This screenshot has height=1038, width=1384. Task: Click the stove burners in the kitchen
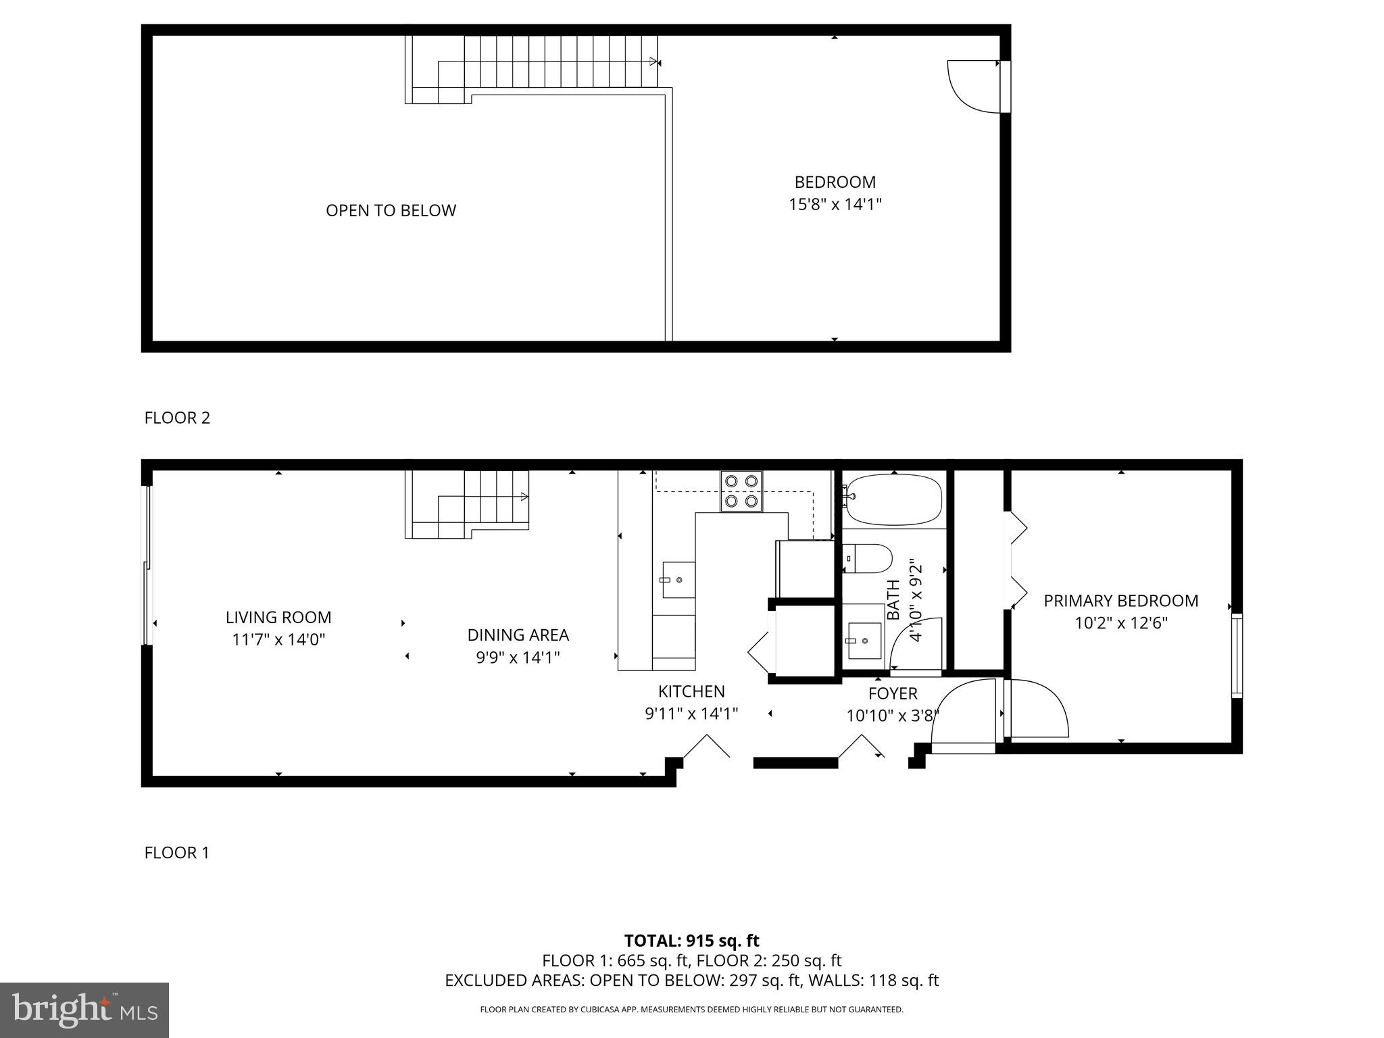741,491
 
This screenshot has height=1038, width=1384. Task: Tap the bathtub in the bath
894,499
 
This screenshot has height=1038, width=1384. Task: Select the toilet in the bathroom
870,559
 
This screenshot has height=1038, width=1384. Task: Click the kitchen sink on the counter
678,580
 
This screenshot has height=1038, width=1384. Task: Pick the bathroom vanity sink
863,641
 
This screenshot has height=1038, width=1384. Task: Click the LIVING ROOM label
278,617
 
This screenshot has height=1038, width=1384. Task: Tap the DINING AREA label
518,635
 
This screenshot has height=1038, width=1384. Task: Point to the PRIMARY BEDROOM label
1120,601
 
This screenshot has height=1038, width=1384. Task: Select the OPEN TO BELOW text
391,211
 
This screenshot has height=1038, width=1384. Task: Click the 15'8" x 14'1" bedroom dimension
835,204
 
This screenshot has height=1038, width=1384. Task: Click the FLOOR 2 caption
177,418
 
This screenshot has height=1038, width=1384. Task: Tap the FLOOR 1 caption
176,853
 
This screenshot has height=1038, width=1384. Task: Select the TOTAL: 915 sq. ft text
691,941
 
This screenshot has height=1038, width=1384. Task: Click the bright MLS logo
84,1010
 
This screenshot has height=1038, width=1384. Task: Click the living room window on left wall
147,565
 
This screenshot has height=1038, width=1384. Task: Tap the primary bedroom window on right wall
1236,656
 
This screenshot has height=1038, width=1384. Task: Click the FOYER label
892,693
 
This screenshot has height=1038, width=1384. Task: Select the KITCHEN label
691,691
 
